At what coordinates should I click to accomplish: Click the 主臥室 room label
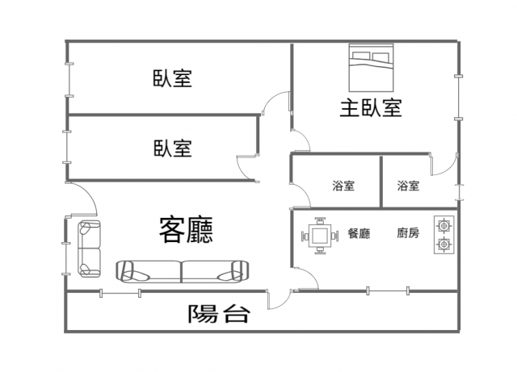pyautogui.click(x=371, y=107)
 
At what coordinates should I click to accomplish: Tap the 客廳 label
pyautogui.click(x=186, y=229)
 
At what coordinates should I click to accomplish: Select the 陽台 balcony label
pyautogui.click(x=218, y=314)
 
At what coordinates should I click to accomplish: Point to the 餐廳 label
pyautogui.click(x=358, y=234)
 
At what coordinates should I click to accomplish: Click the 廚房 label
pyautogui.click(x=407, y=234)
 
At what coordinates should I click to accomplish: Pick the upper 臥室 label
pyautogui.click(x=172, y=78)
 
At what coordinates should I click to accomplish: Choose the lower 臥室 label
pyautogui.click(x=172, y=148)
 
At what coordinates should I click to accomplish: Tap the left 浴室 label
pyautogui.click(x=343, y=186)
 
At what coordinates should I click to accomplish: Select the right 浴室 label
pyautogui.click(x=408, y=186)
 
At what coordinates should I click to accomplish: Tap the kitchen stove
pyautogui.click(x=443, y=235)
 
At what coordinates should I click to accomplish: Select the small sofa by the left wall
pyautogui.click(x=89, y=248)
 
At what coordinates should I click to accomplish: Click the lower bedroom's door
pyautogui.click(x=248, y=165)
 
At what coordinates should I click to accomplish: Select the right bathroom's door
pyautogui.click(x=443, y=165)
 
